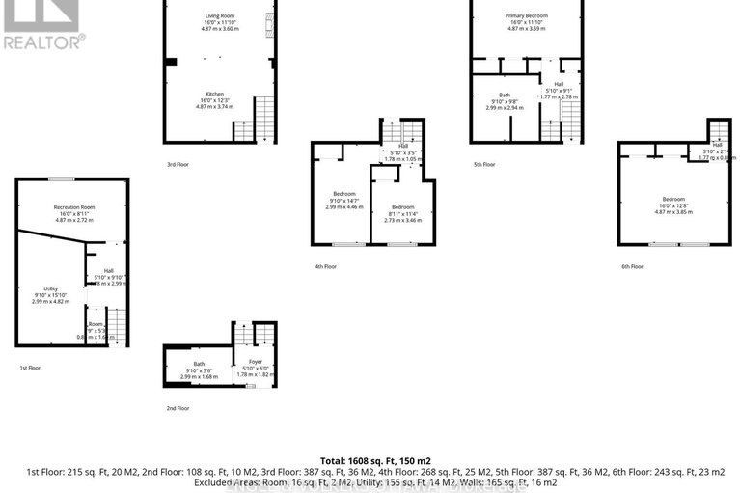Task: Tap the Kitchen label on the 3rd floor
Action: (214, 95)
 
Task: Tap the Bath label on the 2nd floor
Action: (199, 364)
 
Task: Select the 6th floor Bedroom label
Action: (673, 199)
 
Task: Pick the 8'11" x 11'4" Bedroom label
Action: (402, 207)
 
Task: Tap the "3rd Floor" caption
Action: (178, 165)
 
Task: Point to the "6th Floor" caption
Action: (630, 266)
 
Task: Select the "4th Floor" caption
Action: (325, 266)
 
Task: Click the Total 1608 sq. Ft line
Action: (370, 461)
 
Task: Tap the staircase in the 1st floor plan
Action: (116, 327)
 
